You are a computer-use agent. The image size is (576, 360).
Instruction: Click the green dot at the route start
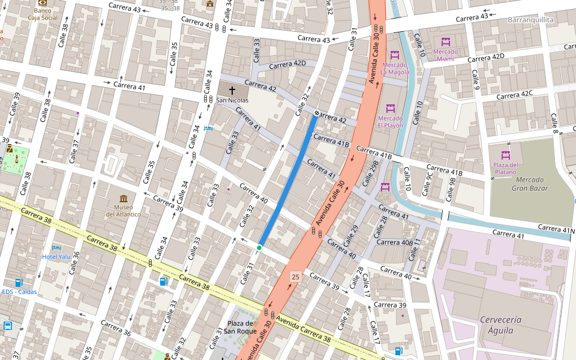tap(259, 248)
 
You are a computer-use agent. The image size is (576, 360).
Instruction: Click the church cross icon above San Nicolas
tap(232, 89)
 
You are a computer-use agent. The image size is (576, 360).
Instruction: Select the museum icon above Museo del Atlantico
tap(124, 199)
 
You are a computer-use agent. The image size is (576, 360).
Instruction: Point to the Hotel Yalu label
tap(56, 256)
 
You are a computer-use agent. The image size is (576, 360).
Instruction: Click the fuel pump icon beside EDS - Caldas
tap(19, 282)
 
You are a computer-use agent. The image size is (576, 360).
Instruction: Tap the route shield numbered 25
tap(295, 277)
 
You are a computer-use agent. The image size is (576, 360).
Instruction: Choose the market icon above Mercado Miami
tap(445, 42)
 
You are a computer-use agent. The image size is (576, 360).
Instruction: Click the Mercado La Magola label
tap(394, 68)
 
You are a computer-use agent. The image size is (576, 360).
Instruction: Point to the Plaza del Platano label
tap(505, 168)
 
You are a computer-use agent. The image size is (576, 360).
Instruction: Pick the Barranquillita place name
tap(530, 20)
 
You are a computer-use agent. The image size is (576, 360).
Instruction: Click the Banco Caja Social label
tap(43, 14)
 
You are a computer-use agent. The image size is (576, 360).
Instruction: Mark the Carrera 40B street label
tap(394, 242)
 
